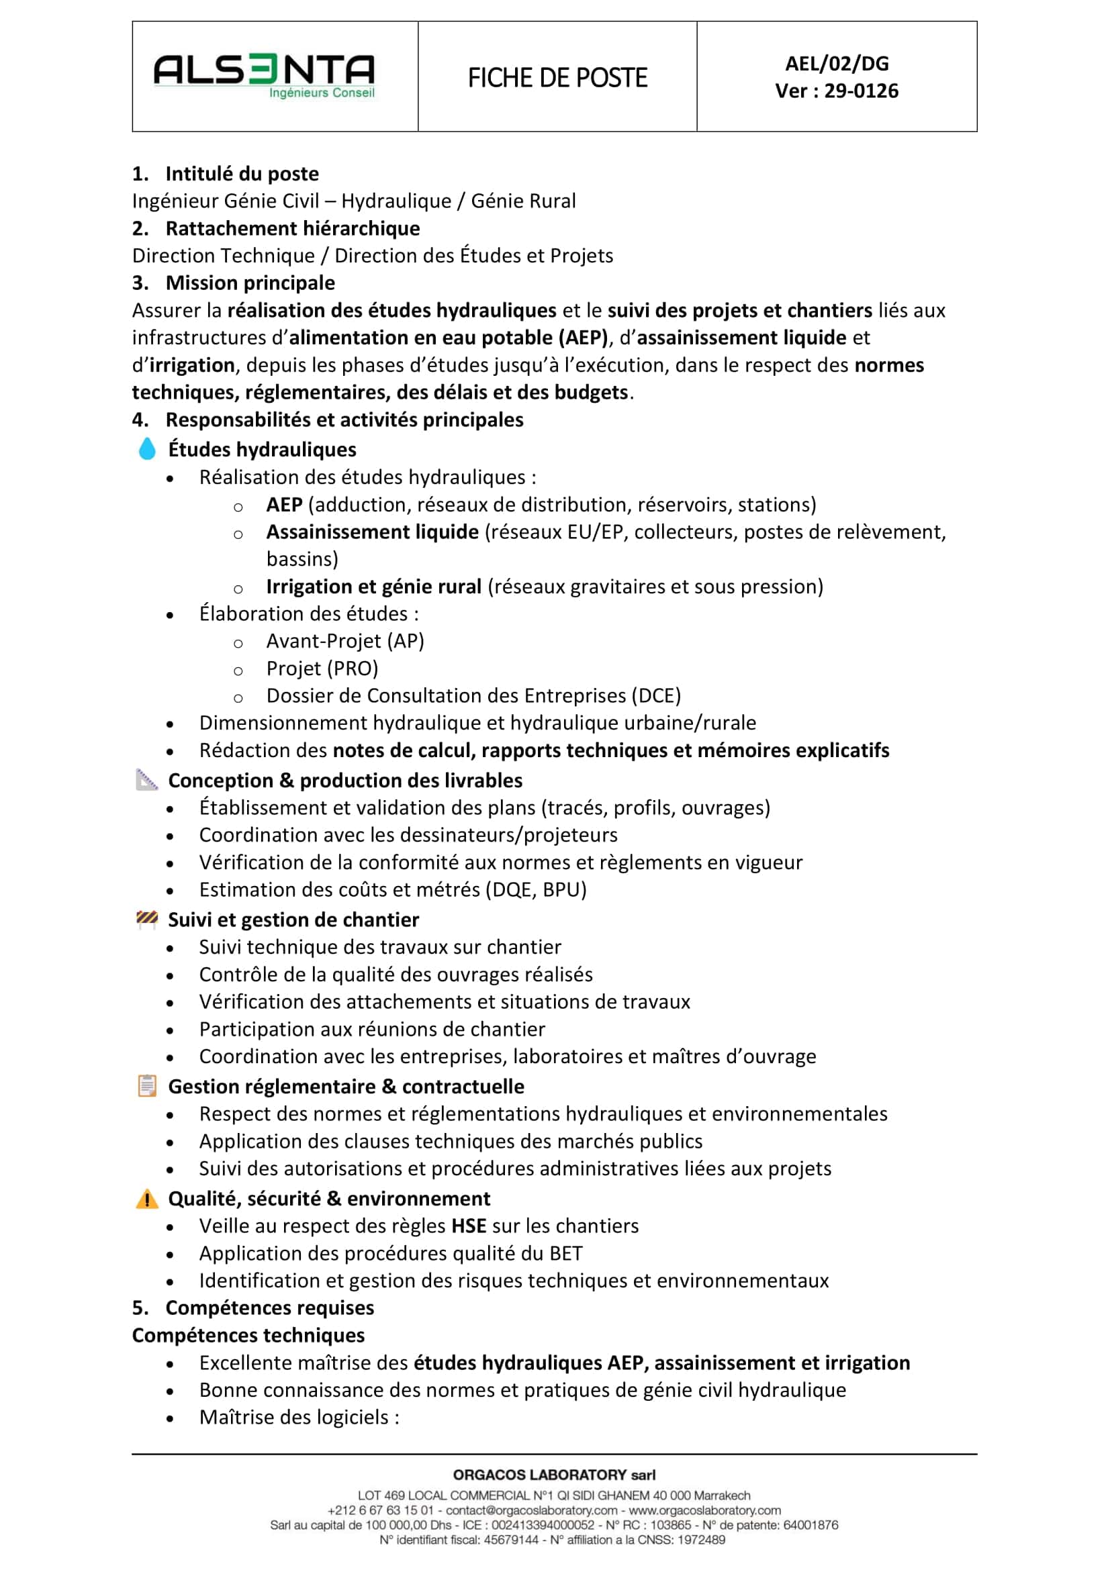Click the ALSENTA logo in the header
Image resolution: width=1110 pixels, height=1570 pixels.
[264, 76]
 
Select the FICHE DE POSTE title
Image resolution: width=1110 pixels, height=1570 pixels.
[557, 78]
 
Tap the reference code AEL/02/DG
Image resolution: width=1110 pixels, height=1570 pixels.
[837, 64]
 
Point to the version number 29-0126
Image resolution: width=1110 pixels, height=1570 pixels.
[861, 91]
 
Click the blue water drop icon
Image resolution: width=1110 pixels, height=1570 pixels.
[147, 448]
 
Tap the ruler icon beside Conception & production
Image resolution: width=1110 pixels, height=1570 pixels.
[147, 779]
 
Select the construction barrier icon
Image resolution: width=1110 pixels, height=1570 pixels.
[147, 919]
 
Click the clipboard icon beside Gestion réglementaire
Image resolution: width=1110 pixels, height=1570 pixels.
[147, 1086]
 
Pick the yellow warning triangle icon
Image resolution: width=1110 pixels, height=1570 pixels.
[147, 1199]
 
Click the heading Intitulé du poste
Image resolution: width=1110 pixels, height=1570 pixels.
[242, 174]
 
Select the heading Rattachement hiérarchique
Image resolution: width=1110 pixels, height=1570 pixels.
[292, 228]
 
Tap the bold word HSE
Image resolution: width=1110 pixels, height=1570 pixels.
[469, 1226]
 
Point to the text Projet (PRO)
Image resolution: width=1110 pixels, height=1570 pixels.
[322, 668]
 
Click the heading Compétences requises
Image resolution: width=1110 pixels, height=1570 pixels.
[269, 1308]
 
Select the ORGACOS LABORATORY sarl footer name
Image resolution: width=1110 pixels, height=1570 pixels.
[554, 1475]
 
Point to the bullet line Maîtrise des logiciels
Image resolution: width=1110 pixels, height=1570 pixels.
[299, 1418]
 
